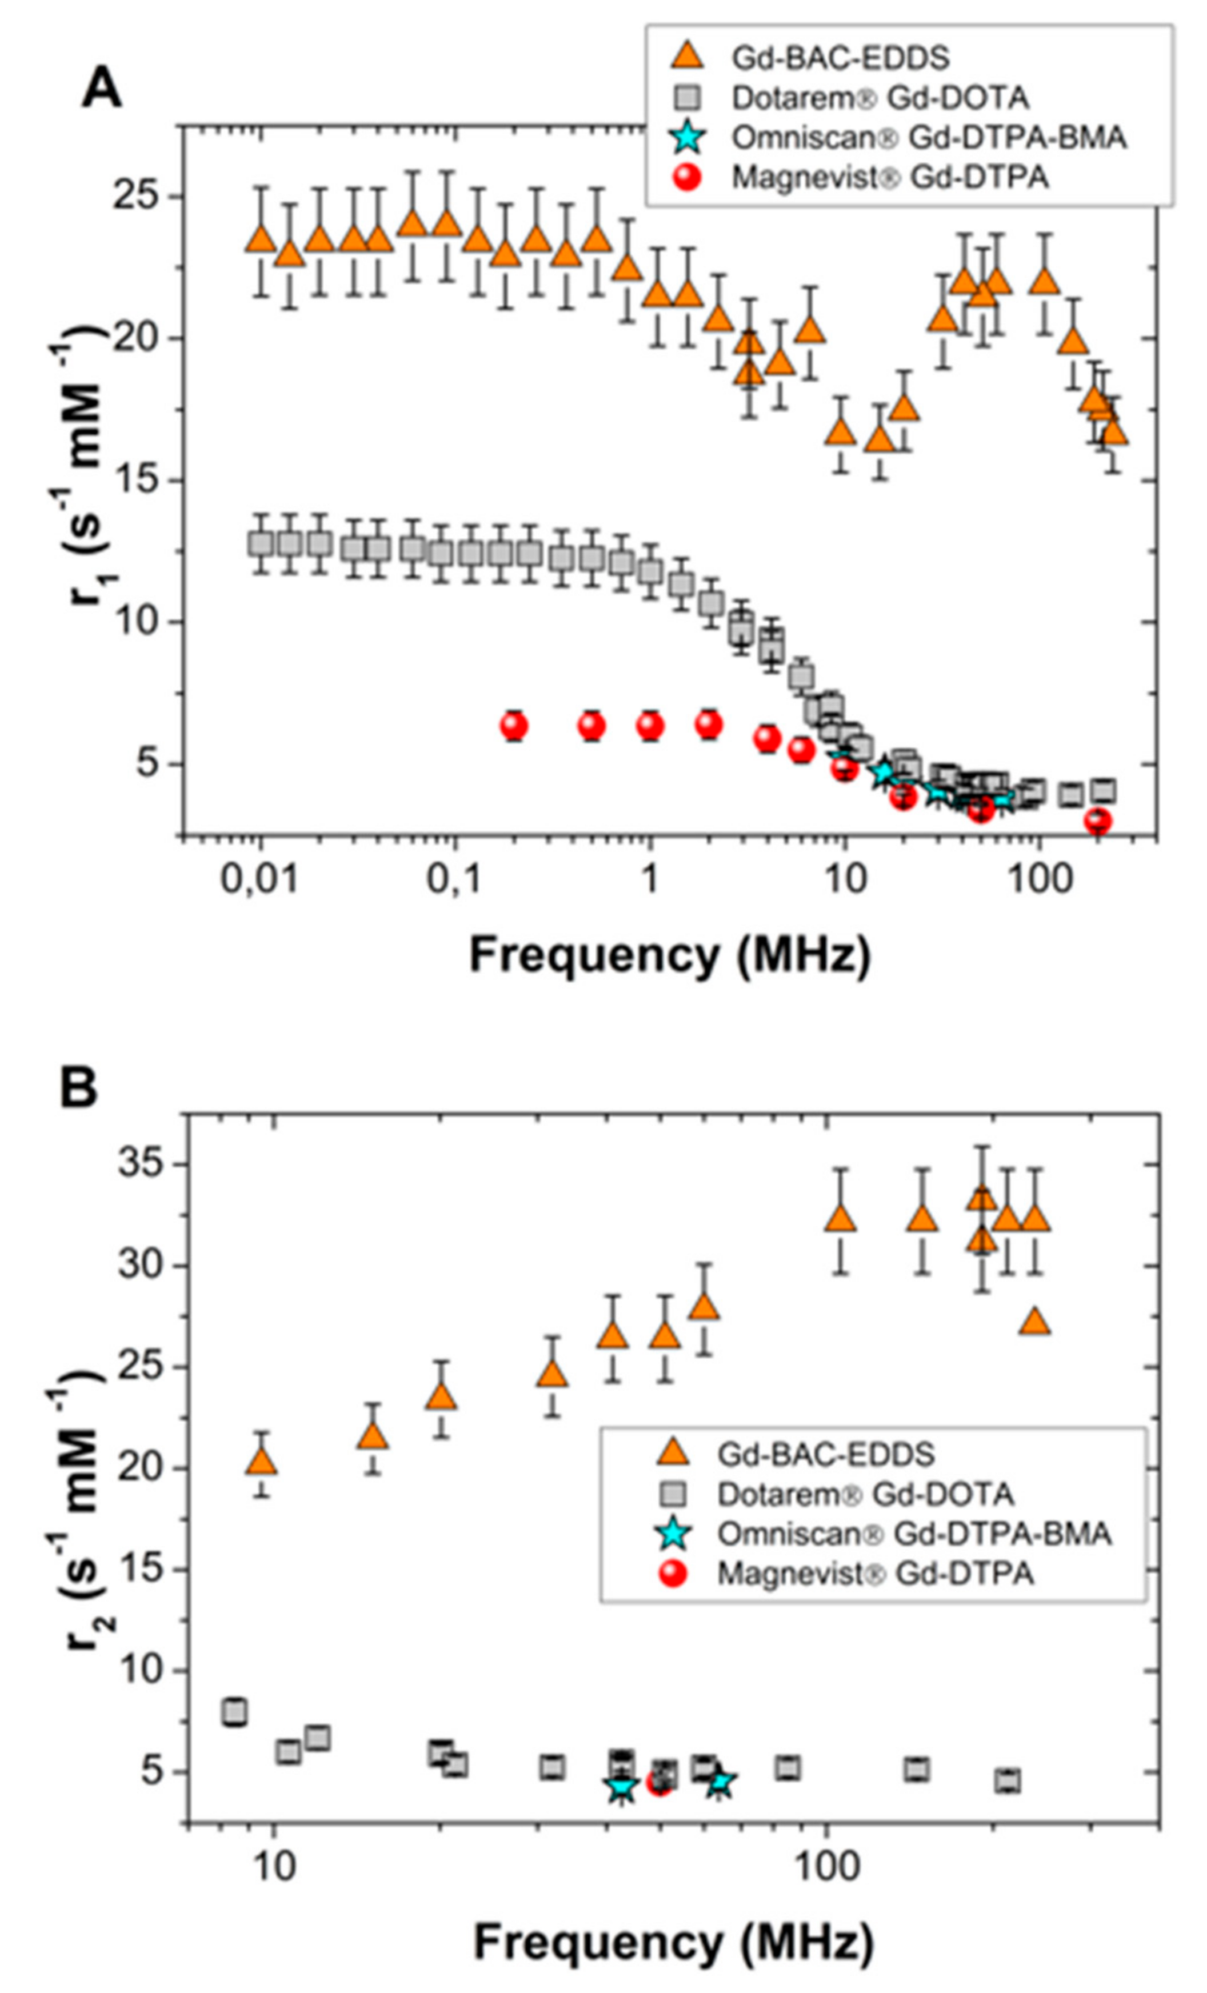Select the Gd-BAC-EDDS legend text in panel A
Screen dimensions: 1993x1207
(840, 58)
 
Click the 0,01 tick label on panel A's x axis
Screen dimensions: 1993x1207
(259, 879)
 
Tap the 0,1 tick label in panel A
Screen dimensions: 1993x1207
(454, 879)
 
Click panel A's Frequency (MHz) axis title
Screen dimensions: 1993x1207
(670, 954)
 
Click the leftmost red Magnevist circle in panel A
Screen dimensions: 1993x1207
(514, 726)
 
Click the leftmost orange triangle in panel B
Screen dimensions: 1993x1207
(261, 1461)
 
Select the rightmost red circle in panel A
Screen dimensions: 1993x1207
(1098, 822)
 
